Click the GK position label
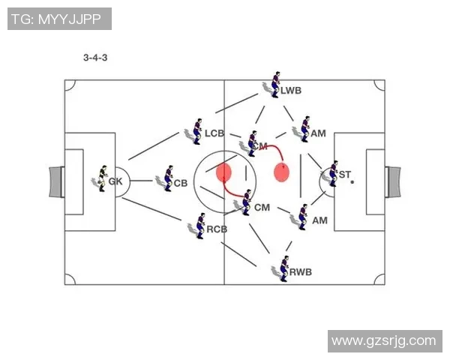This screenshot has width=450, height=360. (115, 181)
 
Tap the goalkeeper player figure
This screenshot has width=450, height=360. (101, 178)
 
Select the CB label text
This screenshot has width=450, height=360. (181, 182)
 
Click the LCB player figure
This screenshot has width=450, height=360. (197, 130)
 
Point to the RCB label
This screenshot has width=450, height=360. (217, 229)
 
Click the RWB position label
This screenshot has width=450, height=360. (301, 271)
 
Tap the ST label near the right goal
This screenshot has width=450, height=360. (345, 175)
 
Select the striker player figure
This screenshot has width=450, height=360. (332, 173)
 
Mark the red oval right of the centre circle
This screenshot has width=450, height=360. (281, 172)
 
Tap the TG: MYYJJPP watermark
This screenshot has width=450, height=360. (59, 19)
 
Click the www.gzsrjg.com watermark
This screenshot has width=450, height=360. (383, 340)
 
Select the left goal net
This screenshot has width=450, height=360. (55, 181)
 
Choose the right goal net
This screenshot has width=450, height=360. (393, 181)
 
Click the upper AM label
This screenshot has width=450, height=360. (319, 133)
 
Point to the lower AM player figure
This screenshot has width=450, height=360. (302, 217)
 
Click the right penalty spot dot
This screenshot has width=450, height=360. (352, 181)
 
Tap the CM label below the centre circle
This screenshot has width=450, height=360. (262, 207)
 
